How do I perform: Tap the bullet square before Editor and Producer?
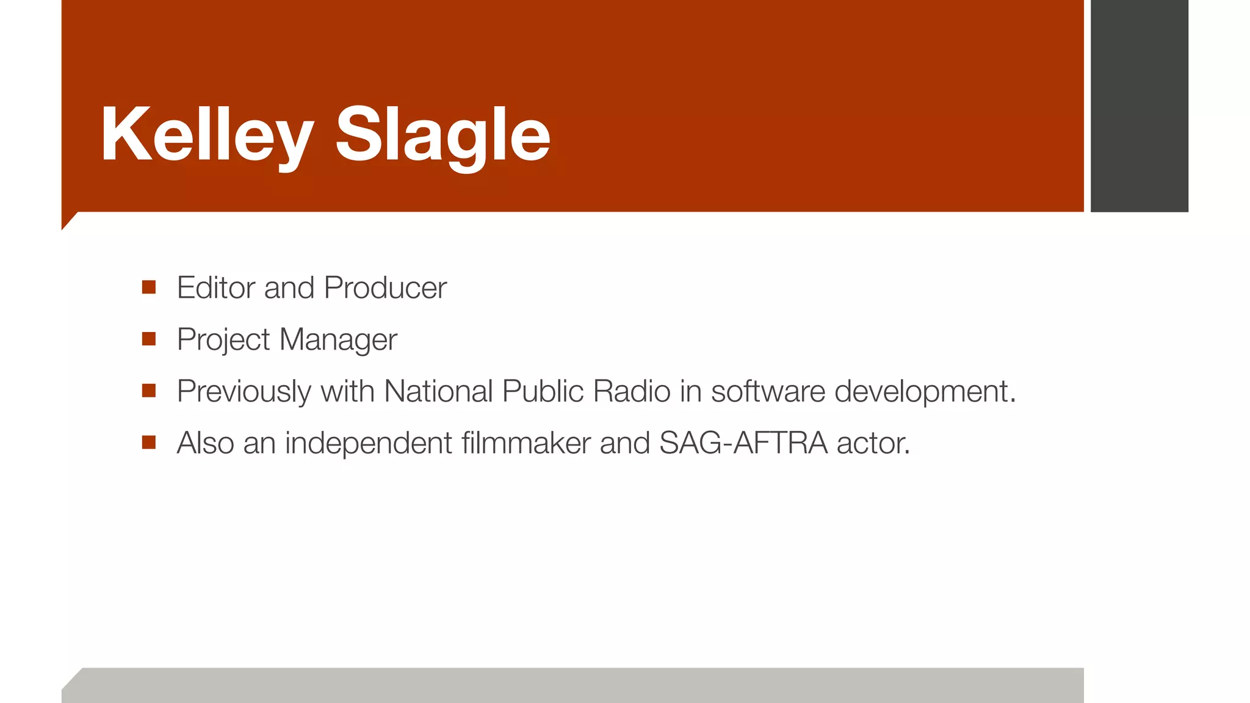(149, 287)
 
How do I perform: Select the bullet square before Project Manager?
(149, 339)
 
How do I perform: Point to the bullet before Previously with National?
(149, 391)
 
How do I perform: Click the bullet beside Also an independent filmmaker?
(149, 442)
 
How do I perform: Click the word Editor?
(215, 287)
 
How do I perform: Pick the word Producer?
(385, 287)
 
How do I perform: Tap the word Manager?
(338, 340)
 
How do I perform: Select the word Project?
(223, 340)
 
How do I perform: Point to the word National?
(438, 391)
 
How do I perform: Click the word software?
(768, 391)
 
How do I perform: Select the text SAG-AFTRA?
(743, 443)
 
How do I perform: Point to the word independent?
(368, 444)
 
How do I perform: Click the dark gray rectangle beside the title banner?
(1139, 106)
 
